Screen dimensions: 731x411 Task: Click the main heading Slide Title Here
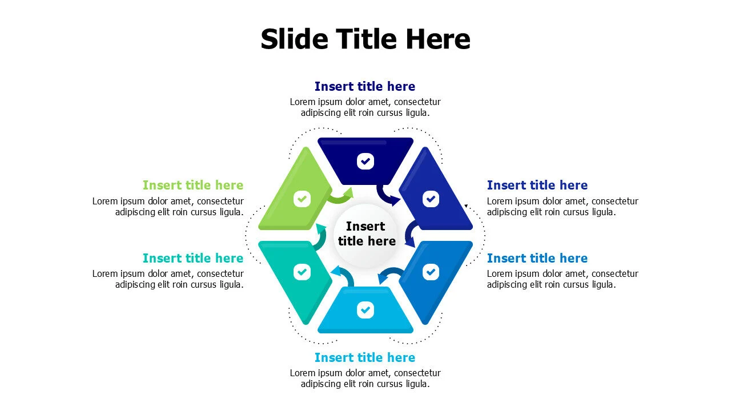pos(365,39)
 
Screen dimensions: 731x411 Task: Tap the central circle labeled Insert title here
pos(365,236)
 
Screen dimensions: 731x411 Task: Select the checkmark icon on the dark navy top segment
pos(365,161)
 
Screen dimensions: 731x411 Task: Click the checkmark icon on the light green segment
pos(302,199)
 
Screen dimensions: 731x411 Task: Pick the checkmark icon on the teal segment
pos(302,272)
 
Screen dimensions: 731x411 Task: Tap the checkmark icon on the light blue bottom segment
pos(365,310)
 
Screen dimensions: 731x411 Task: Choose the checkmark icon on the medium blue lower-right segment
pos(431,272)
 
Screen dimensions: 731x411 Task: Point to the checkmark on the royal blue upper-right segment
pos(431,199)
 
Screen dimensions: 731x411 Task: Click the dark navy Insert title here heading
pos(365,86)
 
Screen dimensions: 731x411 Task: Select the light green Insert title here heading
pos(193,186)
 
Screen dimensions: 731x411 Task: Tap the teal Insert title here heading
pos(193,259)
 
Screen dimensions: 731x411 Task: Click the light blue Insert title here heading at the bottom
pos(365,357)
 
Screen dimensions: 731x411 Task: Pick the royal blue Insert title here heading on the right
pos(537,186)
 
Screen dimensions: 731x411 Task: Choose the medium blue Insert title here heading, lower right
pos(537,259)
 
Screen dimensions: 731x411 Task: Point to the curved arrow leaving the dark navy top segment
pos(384,196)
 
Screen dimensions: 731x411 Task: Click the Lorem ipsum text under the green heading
pos(168,207)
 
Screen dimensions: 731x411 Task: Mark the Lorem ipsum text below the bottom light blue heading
pos(365,378)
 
